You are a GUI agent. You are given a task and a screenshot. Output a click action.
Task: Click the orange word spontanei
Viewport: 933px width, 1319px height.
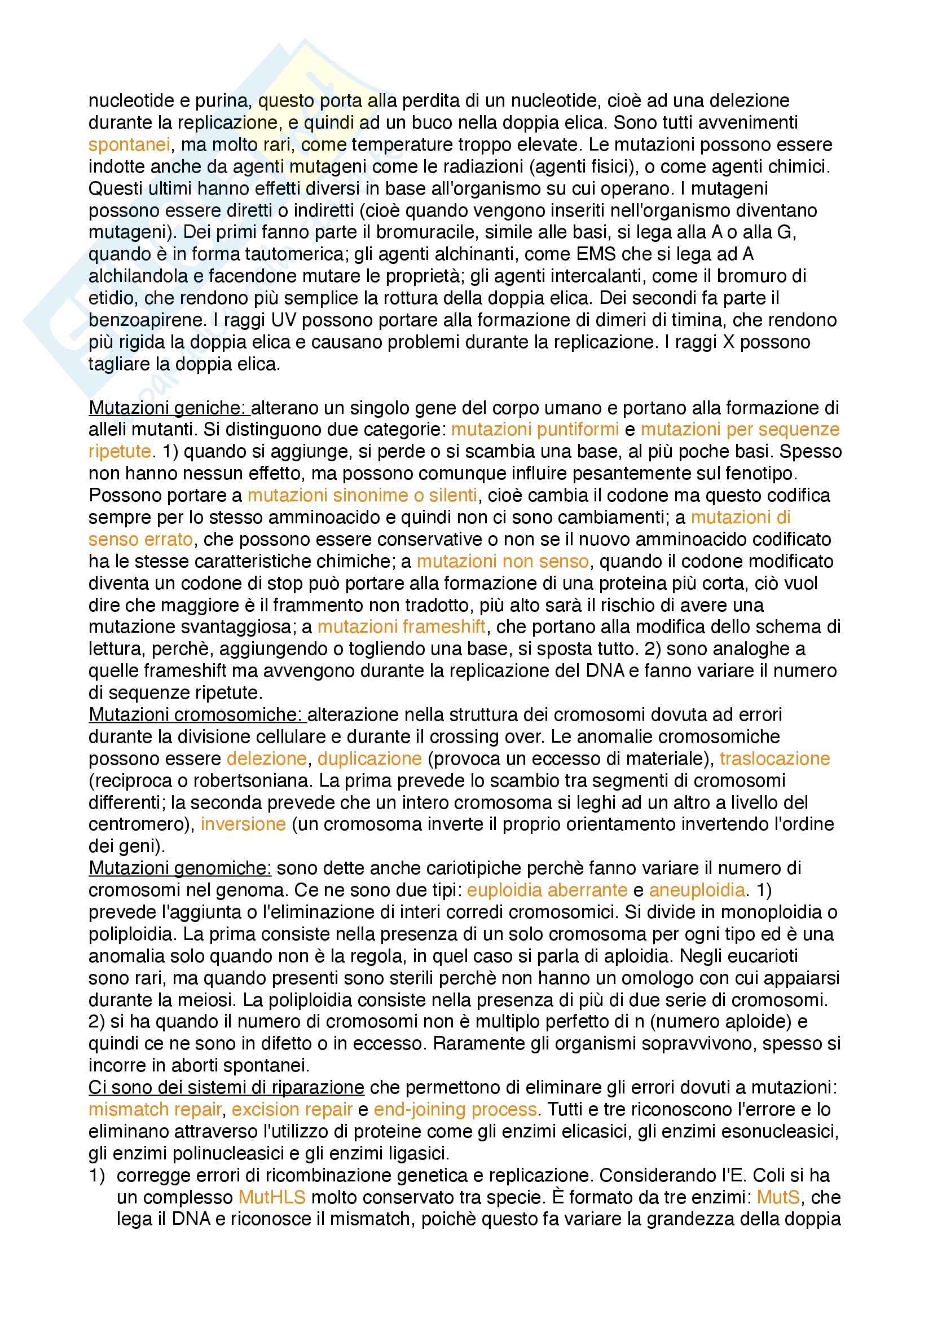pyautogui.click(x=129, y=145)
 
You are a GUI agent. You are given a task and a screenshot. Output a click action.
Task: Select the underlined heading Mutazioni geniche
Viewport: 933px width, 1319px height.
pyautogui.click(x=169, y=408)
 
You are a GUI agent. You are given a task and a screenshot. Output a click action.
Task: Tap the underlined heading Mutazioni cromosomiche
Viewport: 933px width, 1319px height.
pyautogui.click(x=197, y=714)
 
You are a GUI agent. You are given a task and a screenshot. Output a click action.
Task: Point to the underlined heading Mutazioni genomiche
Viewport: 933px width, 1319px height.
pyautogui.click(x=180, y=868)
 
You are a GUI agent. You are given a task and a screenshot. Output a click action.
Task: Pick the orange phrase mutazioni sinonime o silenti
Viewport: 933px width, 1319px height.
pyautogui.click(x=362, y=495)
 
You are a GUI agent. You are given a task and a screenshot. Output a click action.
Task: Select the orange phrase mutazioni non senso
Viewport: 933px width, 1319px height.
pyautogui.click(x=503, y=561)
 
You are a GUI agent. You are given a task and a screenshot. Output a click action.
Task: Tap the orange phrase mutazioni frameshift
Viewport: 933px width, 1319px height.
pyautogui.click(x=402, y=627)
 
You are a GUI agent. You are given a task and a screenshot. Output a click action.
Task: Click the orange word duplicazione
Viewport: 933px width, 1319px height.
pyautogui.click(x=369, y=758)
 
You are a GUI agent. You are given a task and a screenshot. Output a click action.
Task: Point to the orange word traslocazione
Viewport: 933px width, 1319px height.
pyautogui.click(x=774, y=758)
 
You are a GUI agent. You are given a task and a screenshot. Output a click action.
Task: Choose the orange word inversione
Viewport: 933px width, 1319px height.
pyautogui.click(x=243, y=824)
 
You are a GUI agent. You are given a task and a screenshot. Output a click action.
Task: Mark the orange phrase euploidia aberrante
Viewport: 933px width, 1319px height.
pyautogui.click(x=547, y=890)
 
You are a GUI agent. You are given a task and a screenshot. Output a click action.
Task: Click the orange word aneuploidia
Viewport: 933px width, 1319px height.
pyautogui.click(x=697, y=890)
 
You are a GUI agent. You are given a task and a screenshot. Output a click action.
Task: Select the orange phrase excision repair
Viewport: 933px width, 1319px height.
pyautogui.click(x=292, y=1109)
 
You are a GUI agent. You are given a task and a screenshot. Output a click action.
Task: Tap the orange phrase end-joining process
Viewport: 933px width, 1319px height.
pyautogui.click(x=455, y=1109)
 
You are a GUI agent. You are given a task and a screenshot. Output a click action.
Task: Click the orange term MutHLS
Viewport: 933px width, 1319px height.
pyautogui.click(x=272, y=1197)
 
